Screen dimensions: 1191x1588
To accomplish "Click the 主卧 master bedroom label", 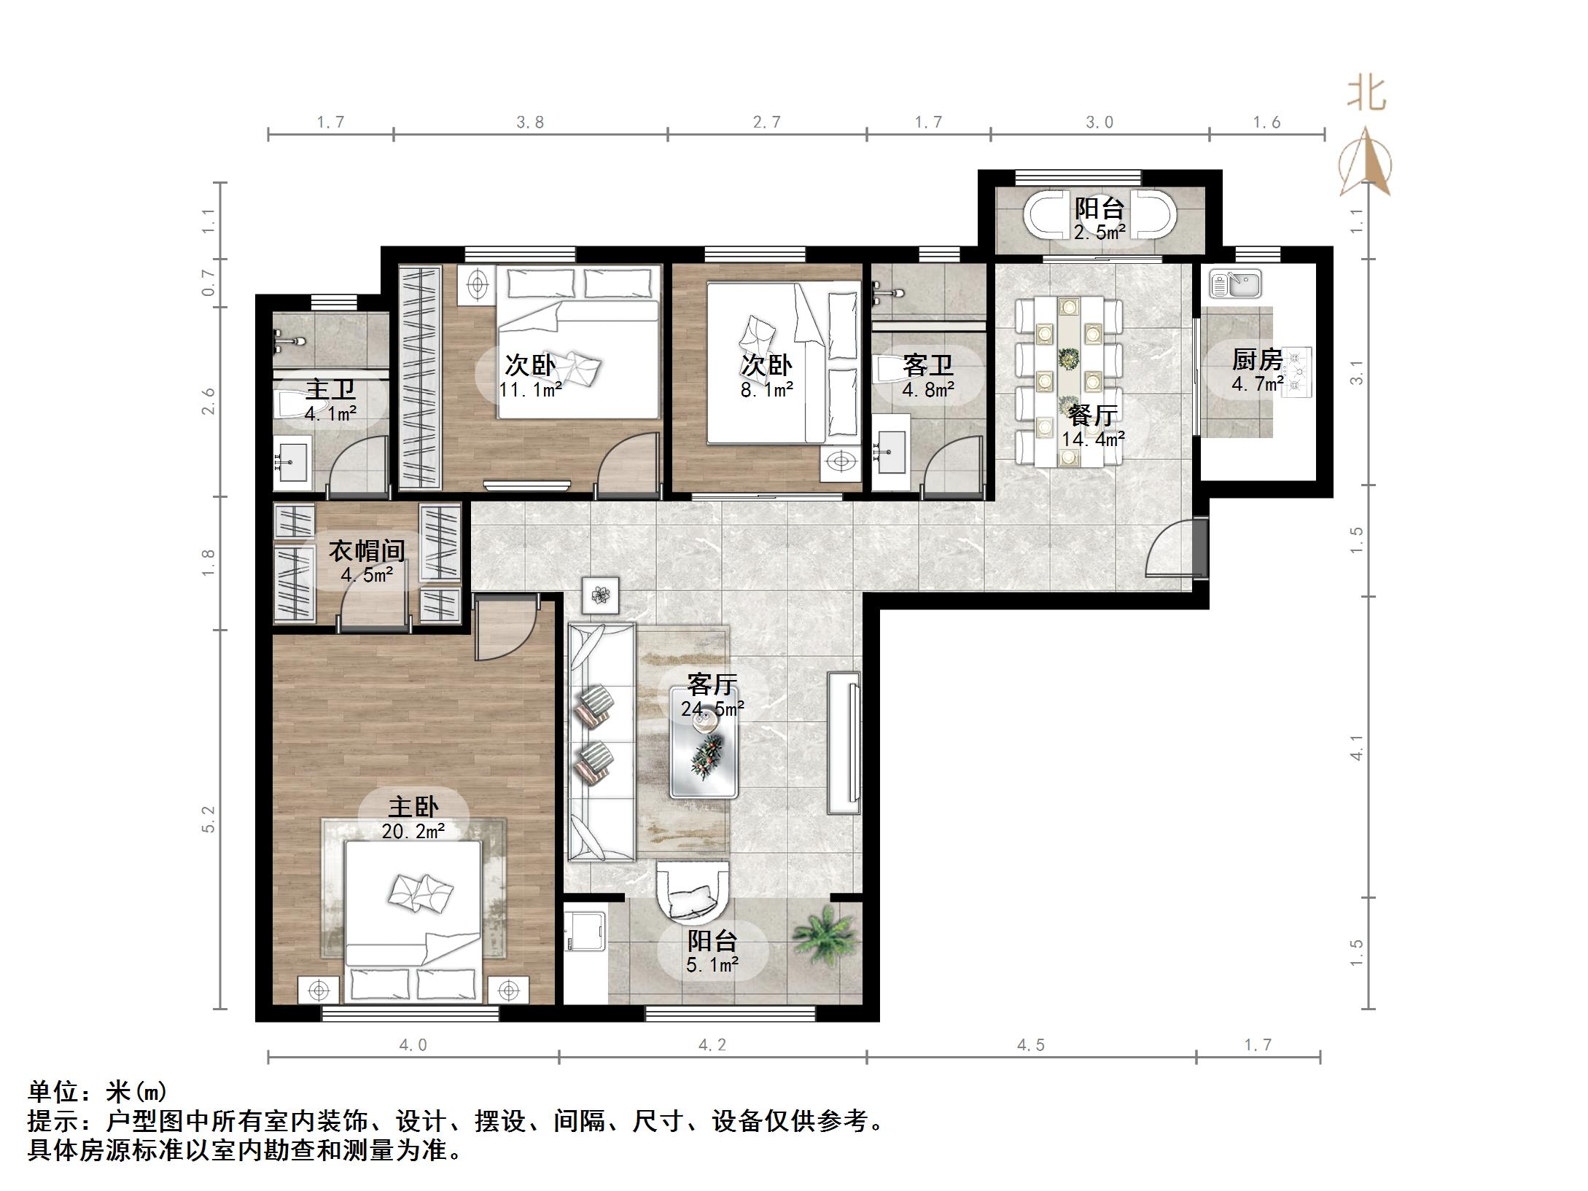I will coord(413,807).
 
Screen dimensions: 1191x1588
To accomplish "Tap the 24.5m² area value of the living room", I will coord(712,708).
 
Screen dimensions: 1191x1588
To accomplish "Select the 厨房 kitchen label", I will coord(1256,359).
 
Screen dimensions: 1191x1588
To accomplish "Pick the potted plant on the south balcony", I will coord(824,936).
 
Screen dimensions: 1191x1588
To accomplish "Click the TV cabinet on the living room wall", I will coord(844,742).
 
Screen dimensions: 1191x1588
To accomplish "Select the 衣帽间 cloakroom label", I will coord(366,550).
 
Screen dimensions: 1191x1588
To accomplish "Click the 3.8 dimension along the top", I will coord(530,122).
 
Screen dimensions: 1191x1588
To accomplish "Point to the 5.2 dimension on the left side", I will coord(209,819).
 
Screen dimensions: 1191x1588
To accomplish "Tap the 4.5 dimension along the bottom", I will coord(1030,1045).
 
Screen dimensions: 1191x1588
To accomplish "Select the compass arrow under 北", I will coord(1366,162).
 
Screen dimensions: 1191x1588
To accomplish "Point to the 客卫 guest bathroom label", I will coord(927,364).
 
